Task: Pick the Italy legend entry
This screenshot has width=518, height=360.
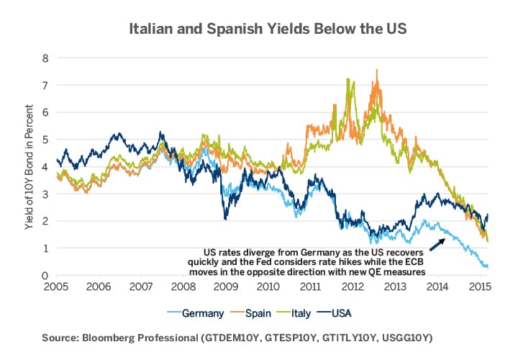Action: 306,314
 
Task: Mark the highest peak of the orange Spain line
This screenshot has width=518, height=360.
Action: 377,70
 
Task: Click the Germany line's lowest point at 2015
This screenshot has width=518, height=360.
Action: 487,267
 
